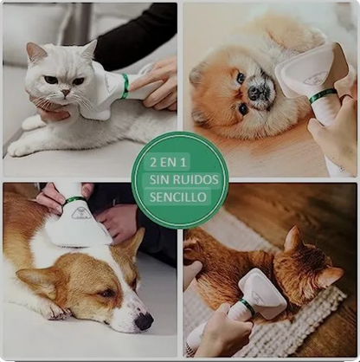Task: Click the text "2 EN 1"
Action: pos(168,163)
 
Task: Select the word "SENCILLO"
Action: pos(178,197)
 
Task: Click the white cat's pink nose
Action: pos(66,93)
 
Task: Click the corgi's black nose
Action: pos(144,321)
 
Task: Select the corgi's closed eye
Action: pos(106,294)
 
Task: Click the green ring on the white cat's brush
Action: pos(125,86)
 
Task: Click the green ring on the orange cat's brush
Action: pos(247,307)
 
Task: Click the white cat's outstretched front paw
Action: pos(18,148)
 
